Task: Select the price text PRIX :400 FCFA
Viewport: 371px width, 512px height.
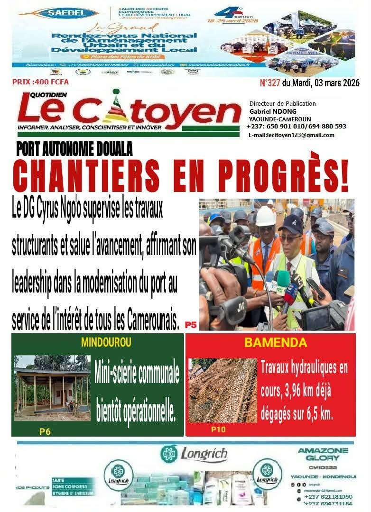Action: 40,82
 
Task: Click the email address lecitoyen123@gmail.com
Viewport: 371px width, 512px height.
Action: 291,135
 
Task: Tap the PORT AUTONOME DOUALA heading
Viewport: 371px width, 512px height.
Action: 74,149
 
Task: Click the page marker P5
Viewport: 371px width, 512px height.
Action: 191,325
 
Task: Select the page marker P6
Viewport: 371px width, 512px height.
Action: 45,431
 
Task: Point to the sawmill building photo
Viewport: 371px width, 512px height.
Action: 52,387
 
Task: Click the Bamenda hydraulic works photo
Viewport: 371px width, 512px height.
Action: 223,390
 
